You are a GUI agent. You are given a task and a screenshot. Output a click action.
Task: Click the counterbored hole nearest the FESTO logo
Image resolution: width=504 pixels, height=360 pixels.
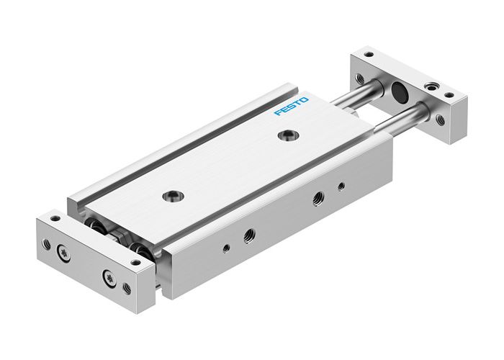click(288, 135)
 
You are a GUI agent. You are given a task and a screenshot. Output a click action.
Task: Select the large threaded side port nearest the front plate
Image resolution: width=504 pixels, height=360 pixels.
click(248, 235)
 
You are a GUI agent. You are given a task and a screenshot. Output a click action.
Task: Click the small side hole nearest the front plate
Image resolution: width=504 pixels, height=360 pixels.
click(226, 248)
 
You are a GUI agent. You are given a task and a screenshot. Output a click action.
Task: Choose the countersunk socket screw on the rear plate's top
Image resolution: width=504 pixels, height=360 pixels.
click(432, 86)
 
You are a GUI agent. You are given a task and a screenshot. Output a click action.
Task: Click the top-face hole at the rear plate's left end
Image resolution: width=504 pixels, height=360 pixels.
click(369, 55)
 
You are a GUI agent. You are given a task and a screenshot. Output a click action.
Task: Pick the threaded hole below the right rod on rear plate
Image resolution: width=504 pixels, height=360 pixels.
click(438, 119)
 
